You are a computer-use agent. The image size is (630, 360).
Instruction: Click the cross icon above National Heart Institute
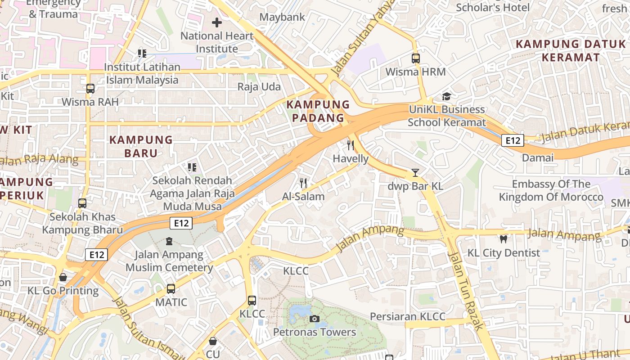click(x=217, y=22)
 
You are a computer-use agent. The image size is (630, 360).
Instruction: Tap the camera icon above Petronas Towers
click(x=315, y=319)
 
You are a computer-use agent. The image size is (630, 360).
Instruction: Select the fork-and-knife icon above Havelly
click(x=351, y=145)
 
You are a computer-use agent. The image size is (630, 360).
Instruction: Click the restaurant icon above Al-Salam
click(x=303, y=183)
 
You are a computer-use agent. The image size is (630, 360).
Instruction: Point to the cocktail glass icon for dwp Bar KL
click(x=415, y=173)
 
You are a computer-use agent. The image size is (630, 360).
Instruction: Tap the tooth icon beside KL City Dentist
click(x=503, y=239)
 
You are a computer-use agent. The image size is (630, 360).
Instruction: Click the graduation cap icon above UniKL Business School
click(x=446, y=96)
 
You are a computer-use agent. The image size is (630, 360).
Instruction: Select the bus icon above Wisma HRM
click(x=415, y=58)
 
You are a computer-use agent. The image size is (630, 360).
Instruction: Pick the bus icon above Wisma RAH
click(x=90, y=89)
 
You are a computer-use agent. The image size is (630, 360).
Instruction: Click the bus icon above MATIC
click(x=171, y=289)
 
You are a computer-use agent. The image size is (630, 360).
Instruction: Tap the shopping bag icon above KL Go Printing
click(x=63, y=277)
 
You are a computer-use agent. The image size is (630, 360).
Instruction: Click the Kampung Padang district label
click(x=318, y=111)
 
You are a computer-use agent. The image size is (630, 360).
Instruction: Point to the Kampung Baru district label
click(x=141, y=146)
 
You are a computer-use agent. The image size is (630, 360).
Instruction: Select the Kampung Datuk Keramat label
click(x=571, y=50)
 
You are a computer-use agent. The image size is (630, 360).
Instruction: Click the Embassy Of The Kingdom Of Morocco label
click(x=551, y=190)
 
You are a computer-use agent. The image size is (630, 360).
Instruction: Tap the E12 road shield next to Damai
click(x=513, y=140)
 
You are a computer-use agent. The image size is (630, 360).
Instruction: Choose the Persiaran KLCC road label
click(x=407, y=316)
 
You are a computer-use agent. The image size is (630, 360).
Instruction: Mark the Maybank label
click(x=283, y=17)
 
